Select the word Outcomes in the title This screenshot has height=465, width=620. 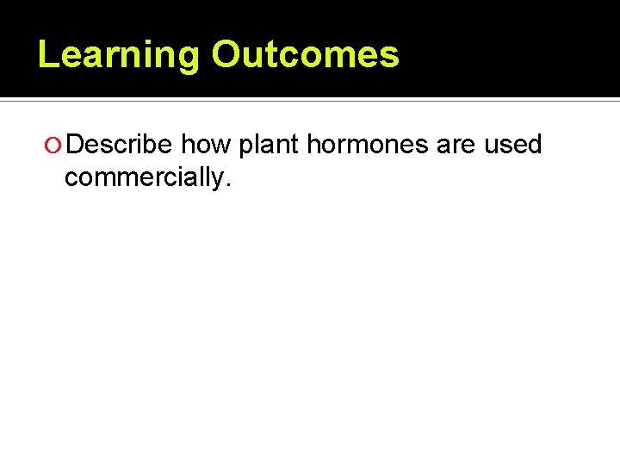pos(306,53)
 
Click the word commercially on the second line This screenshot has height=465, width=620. pos(142,177)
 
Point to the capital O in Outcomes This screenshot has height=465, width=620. pos(228,53)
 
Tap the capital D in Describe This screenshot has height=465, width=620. pos(75,145)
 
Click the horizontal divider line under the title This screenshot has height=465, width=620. pos(310,101)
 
